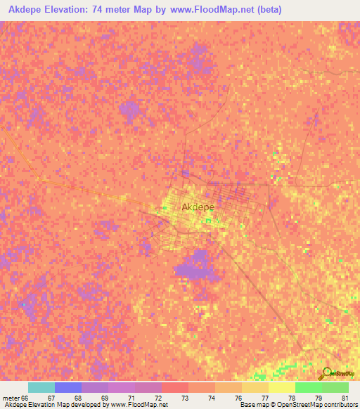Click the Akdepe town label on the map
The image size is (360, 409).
(x=198, y=207)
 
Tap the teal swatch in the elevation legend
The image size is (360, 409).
(x=41, y=387)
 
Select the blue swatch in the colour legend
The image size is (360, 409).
(x=67, y=387)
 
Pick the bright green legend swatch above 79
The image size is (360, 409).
(x=308, y=387)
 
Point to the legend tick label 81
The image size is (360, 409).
(x=345, y=398)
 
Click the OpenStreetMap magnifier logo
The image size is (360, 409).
(x=325, y=373)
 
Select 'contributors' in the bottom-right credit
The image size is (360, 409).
(x=337, y=405)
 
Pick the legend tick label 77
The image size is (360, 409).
(x=264, y=398)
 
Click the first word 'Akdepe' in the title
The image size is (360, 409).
(x=27, y=8)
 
